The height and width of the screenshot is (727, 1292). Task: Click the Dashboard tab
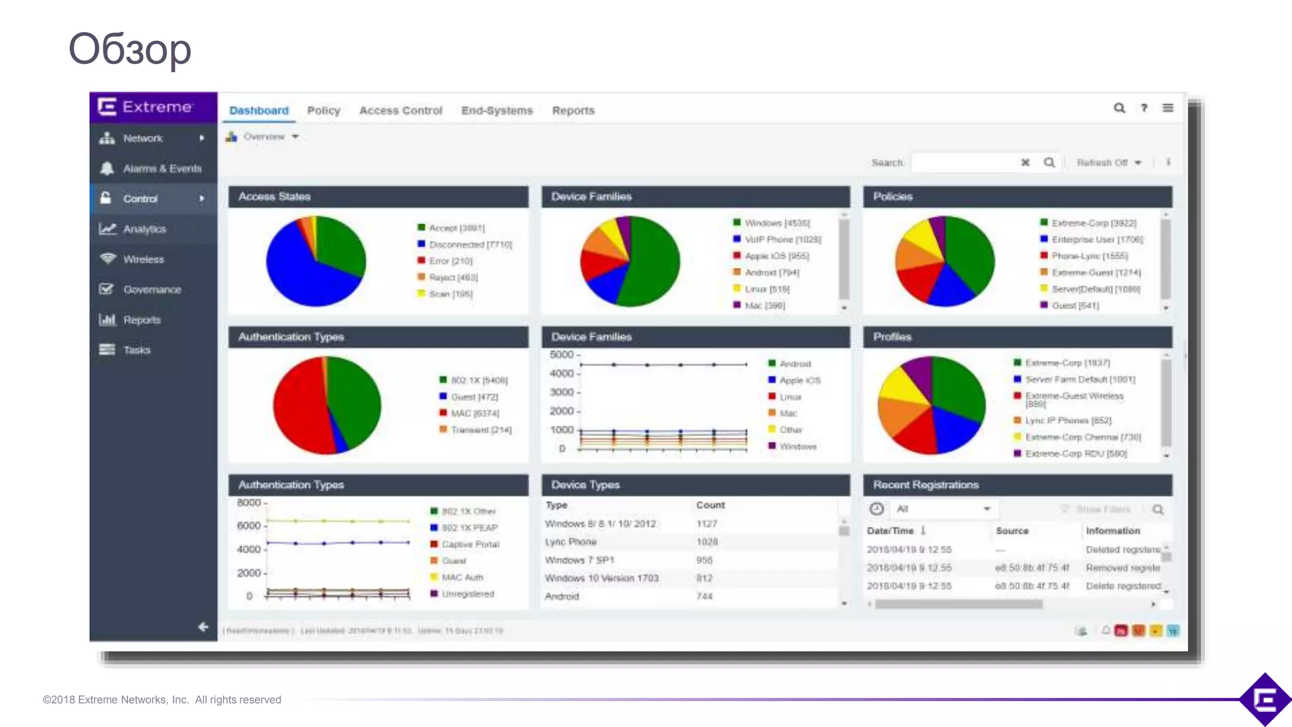259,110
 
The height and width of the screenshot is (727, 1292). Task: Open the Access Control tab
401,110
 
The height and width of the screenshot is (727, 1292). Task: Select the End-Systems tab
497,110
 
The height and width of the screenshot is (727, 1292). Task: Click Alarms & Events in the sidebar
162,168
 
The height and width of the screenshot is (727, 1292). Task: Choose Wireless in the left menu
143,259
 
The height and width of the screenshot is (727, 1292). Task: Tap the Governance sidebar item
152,290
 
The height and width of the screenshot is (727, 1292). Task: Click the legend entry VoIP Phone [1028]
782,240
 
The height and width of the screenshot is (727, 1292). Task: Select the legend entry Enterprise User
1096,240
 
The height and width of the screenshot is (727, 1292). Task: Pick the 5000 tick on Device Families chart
561,355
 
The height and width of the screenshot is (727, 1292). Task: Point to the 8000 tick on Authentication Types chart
249,503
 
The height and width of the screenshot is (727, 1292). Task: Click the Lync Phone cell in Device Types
570,542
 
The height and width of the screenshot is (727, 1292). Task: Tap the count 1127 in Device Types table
707,524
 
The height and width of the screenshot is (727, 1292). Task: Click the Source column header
1012,531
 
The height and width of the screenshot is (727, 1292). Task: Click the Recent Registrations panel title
925,485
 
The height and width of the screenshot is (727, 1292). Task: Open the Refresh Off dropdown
1108,163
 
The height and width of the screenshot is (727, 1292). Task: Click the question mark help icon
1144,108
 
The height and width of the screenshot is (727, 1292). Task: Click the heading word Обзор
129,49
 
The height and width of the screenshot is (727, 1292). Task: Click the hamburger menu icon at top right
1168,108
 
